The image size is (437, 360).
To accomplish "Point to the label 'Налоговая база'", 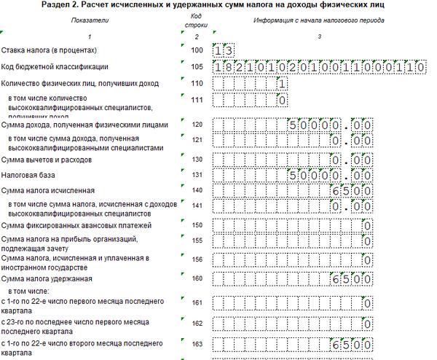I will pos(28,175).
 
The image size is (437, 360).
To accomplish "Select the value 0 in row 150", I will pos(368,224).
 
